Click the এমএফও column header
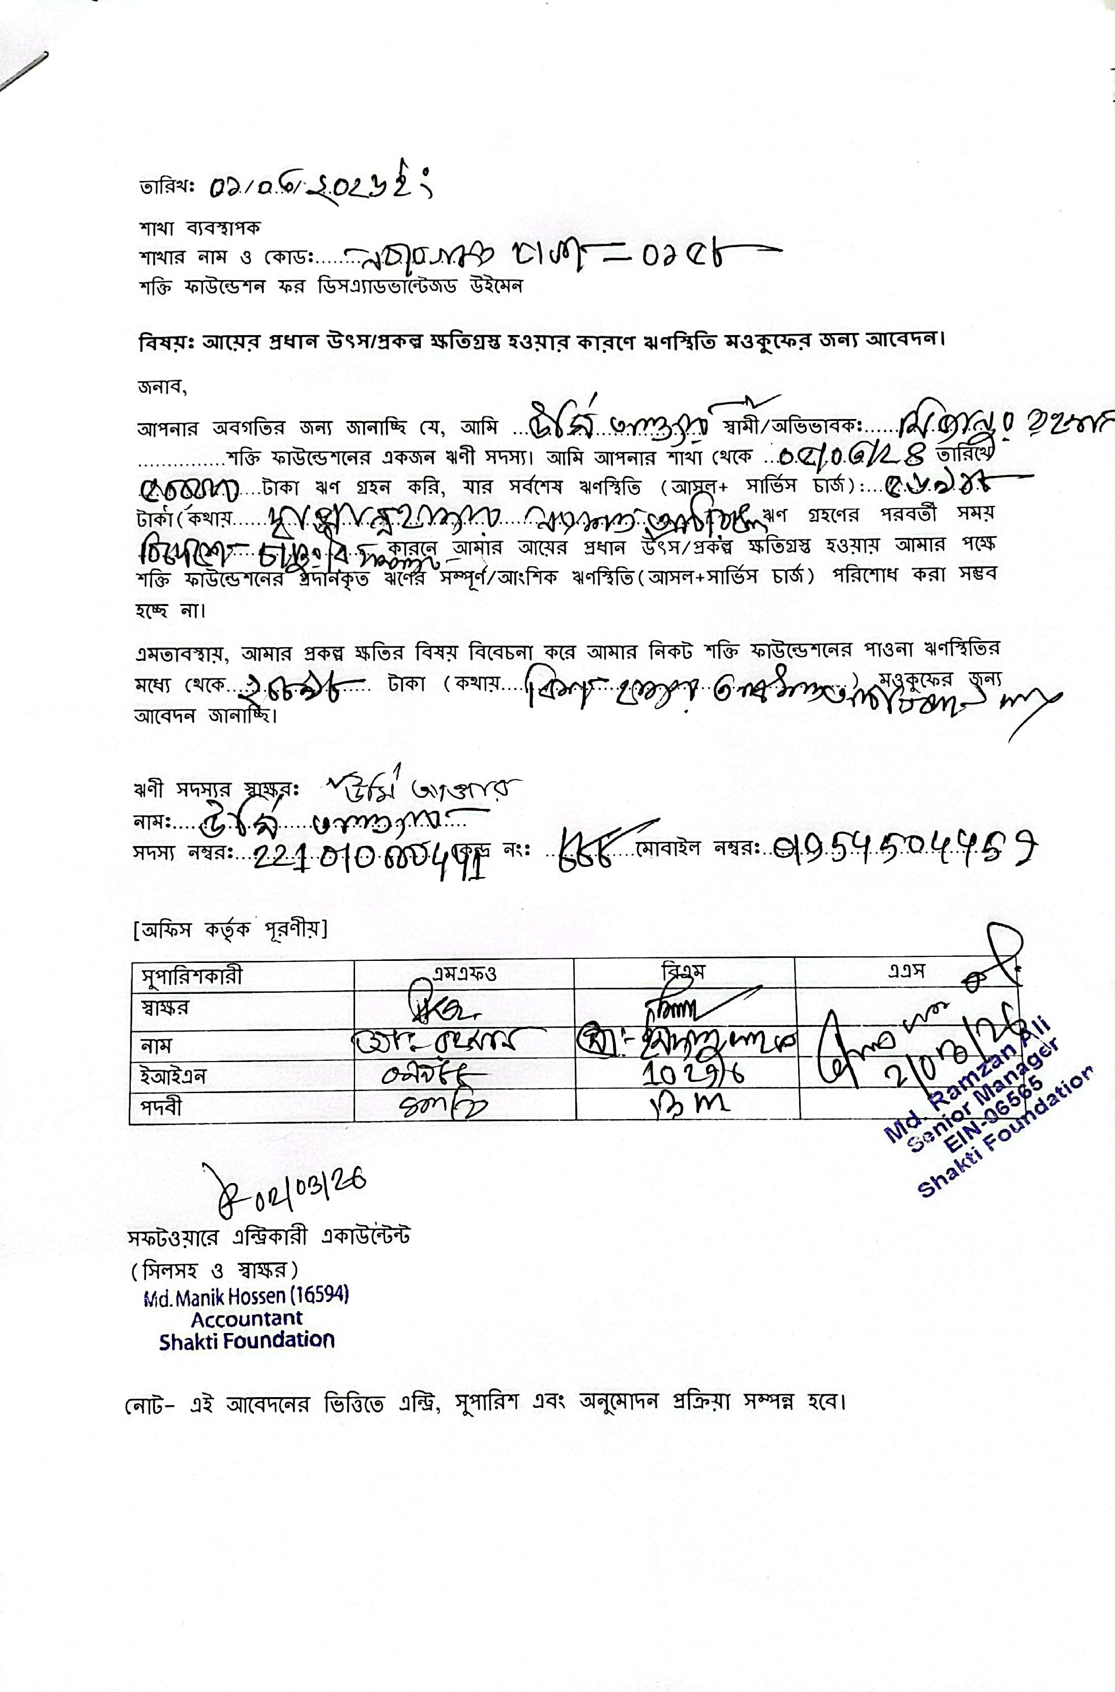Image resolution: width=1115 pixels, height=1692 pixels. (x=463, y=973)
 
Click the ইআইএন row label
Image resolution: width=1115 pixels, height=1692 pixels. (x=173, y=1076)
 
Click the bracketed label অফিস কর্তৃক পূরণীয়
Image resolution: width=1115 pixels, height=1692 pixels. (x=230, y=929)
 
